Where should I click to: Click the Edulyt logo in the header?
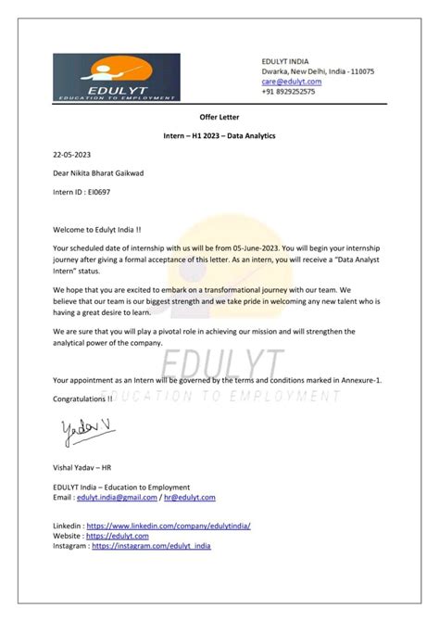[x=116, y=77]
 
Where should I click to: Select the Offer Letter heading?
[x=219, y=118]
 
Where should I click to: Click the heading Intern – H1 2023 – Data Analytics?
[x=219, y=136]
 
